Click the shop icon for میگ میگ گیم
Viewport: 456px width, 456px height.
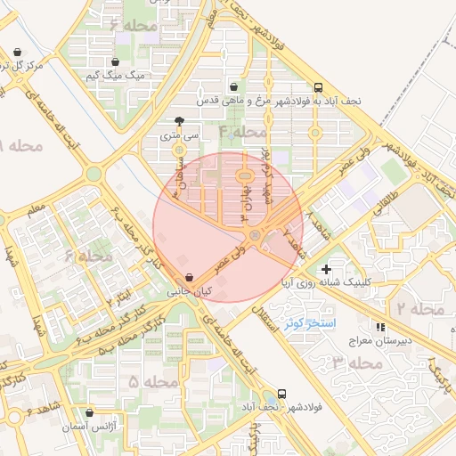coord(115,62)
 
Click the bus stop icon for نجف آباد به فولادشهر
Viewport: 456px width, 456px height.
coord(319,87)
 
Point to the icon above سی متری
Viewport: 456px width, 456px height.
coord(180,121)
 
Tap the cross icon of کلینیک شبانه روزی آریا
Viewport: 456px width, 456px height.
coord(327,268)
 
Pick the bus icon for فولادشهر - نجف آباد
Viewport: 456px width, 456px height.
coord(282,393)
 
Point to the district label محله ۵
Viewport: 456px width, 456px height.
coord(153,381)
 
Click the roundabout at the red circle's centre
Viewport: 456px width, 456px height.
coord(256,235)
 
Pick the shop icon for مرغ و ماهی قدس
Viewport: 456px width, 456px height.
coord(233,87)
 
